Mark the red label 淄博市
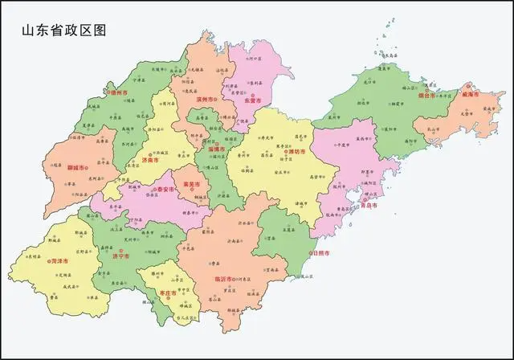[x=217, y=149]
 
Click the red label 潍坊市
[x=296, y=150]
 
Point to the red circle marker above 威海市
[x=469, y=86]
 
